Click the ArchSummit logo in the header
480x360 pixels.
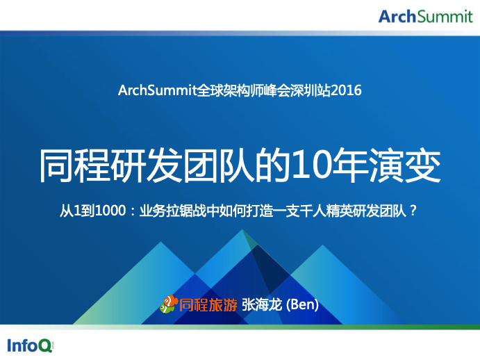point(426,17)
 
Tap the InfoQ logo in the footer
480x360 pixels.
point(31,345)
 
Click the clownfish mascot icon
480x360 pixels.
point(169,304)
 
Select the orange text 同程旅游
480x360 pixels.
point(208,305)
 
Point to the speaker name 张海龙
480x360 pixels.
point(262,305)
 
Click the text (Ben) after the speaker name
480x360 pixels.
point(302,305)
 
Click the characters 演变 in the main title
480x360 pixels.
point(405,166)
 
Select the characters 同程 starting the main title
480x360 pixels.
point(74,166)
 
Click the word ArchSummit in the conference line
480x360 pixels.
point(157,90)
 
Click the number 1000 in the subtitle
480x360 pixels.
point(110,211)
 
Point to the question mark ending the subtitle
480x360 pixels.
point(413,211)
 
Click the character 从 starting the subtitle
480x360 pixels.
point(67,211)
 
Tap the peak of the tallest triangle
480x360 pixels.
point(242,229)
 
